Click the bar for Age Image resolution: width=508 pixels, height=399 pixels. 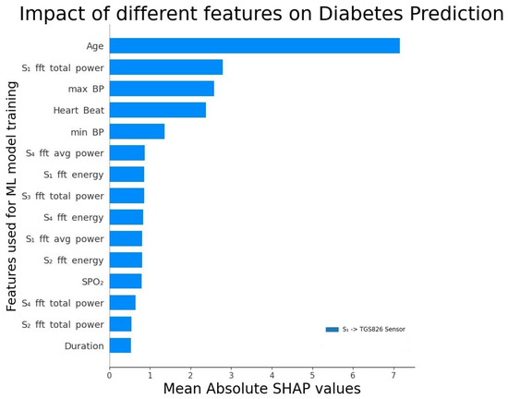tap(254, 45)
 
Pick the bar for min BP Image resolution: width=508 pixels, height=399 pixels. tap(137, 131)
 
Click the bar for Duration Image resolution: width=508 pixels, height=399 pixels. tap(120, 345)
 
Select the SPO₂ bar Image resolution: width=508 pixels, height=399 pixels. tap(126, 281)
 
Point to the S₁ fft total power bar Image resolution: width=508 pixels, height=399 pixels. tap(166, 66)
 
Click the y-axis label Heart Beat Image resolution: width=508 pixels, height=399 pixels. tap(79, 110)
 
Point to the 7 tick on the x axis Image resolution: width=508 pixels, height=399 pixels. tap(393, 375)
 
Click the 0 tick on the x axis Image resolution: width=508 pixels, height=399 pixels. tap(109, 375)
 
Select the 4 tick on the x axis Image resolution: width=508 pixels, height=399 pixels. tap(272, 375)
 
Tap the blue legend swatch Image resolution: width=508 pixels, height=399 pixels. tap(332, 329)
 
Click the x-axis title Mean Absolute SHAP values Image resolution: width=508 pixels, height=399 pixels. tap(261, 389)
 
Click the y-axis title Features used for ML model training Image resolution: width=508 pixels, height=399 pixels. tap(12, 195)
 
